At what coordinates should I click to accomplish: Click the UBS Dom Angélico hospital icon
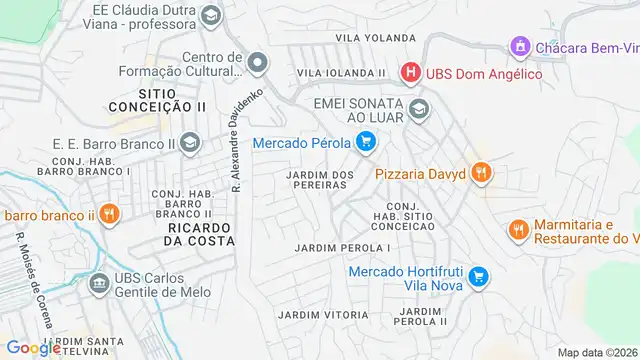(410, 73)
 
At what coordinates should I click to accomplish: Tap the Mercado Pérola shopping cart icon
(366, 142)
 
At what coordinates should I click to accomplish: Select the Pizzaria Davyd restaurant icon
(481, 173)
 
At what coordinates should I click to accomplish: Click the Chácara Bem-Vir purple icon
(519, 46)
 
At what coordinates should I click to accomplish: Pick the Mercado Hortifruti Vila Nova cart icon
(479, 275)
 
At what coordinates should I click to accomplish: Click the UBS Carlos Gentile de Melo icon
(99, 285)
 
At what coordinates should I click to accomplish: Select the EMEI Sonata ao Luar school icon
(419, 109)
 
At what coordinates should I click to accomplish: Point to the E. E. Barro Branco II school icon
(189, 145)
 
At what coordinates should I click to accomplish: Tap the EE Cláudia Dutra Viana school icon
(211, 16)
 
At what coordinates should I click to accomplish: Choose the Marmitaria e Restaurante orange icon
(517, 230)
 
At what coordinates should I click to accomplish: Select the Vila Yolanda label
(374, 37)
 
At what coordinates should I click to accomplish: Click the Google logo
(34, 347)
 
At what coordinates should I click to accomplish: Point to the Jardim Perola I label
(342, 246)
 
